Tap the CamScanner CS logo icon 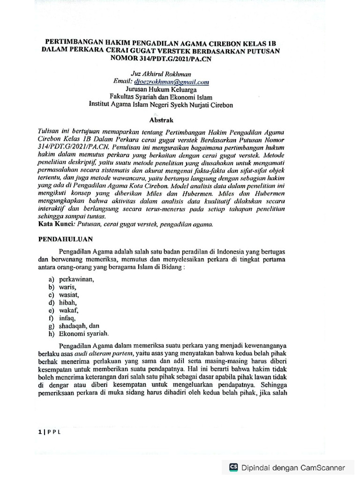coord(233,467)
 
